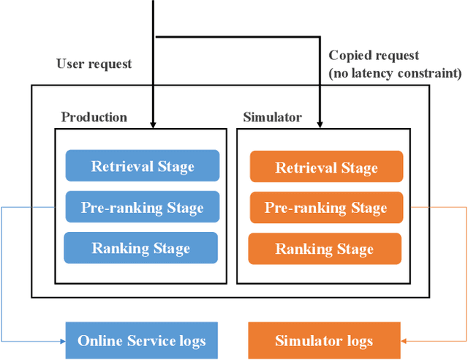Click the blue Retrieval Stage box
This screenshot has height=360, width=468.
tap(142, 165)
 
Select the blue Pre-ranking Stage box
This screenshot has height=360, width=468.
tap(142, 207)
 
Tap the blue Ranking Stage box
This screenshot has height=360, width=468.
tap(140, 248)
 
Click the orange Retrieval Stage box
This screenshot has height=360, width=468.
tap(326, 167)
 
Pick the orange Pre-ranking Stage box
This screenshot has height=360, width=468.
tap(326, 208)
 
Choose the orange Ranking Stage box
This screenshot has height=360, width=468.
tap(325, 249)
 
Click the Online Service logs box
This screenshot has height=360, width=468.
tap(141, 340)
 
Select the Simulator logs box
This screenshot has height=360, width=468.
tap(324, 340)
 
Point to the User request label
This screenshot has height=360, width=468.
tap(94, 64)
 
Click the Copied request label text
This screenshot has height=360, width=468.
tap(374, 56)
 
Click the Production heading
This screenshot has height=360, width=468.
tap(94, 117)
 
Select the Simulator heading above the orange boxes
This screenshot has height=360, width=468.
tap(272, 117)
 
